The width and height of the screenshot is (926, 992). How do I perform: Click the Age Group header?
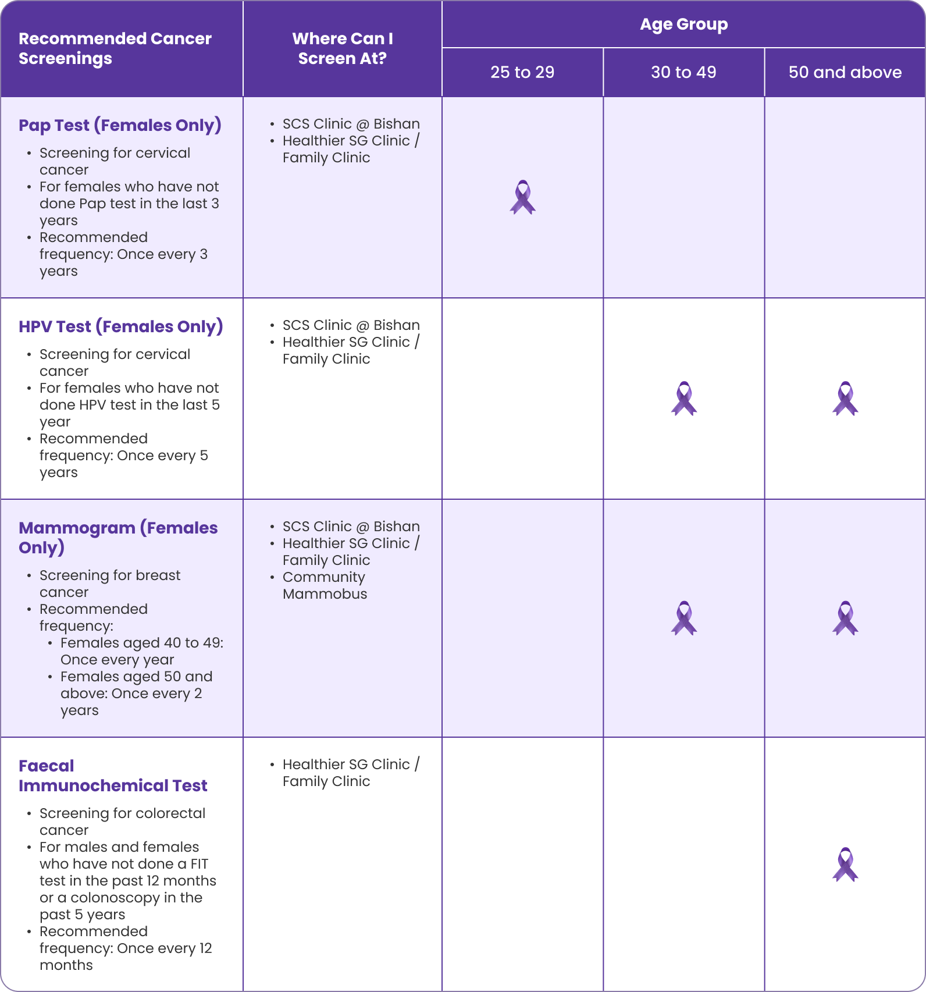click(x=683, y=24)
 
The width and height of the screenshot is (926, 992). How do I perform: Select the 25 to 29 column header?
click(x=522, y=72)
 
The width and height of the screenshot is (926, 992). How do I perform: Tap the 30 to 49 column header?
click(x=683, y=72)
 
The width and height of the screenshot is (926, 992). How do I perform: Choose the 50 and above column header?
click(x=845, y=72)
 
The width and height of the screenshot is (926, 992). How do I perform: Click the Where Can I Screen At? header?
click(x=342, y=48)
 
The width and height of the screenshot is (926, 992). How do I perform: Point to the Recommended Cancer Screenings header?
click(x=115, y=48)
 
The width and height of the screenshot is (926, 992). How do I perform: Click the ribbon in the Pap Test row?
click(x=522, y=197)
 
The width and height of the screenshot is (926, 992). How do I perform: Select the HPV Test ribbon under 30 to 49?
click(x=683, y=399)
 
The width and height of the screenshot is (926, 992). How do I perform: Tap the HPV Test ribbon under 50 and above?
click(x=845, y=399)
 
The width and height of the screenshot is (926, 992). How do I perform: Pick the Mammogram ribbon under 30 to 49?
click(x=683, y=618)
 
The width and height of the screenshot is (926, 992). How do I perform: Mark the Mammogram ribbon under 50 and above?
click(x=845, y=618)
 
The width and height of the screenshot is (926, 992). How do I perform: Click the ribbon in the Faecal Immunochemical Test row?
click(x=845, y=864)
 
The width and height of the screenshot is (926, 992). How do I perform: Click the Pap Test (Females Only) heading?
click(x=120, y=125)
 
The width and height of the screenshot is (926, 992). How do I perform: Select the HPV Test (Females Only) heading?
click(x=120, y=326)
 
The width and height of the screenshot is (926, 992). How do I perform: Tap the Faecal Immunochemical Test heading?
click(x=113, y=776)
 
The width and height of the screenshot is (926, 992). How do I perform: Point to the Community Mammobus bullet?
click(x=325, y=585)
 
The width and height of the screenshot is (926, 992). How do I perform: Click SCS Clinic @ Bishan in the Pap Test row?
click(x=351, y=124)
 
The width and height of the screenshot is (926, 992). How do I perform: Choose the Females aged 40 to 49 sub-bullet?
click(x=141, y=643)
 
